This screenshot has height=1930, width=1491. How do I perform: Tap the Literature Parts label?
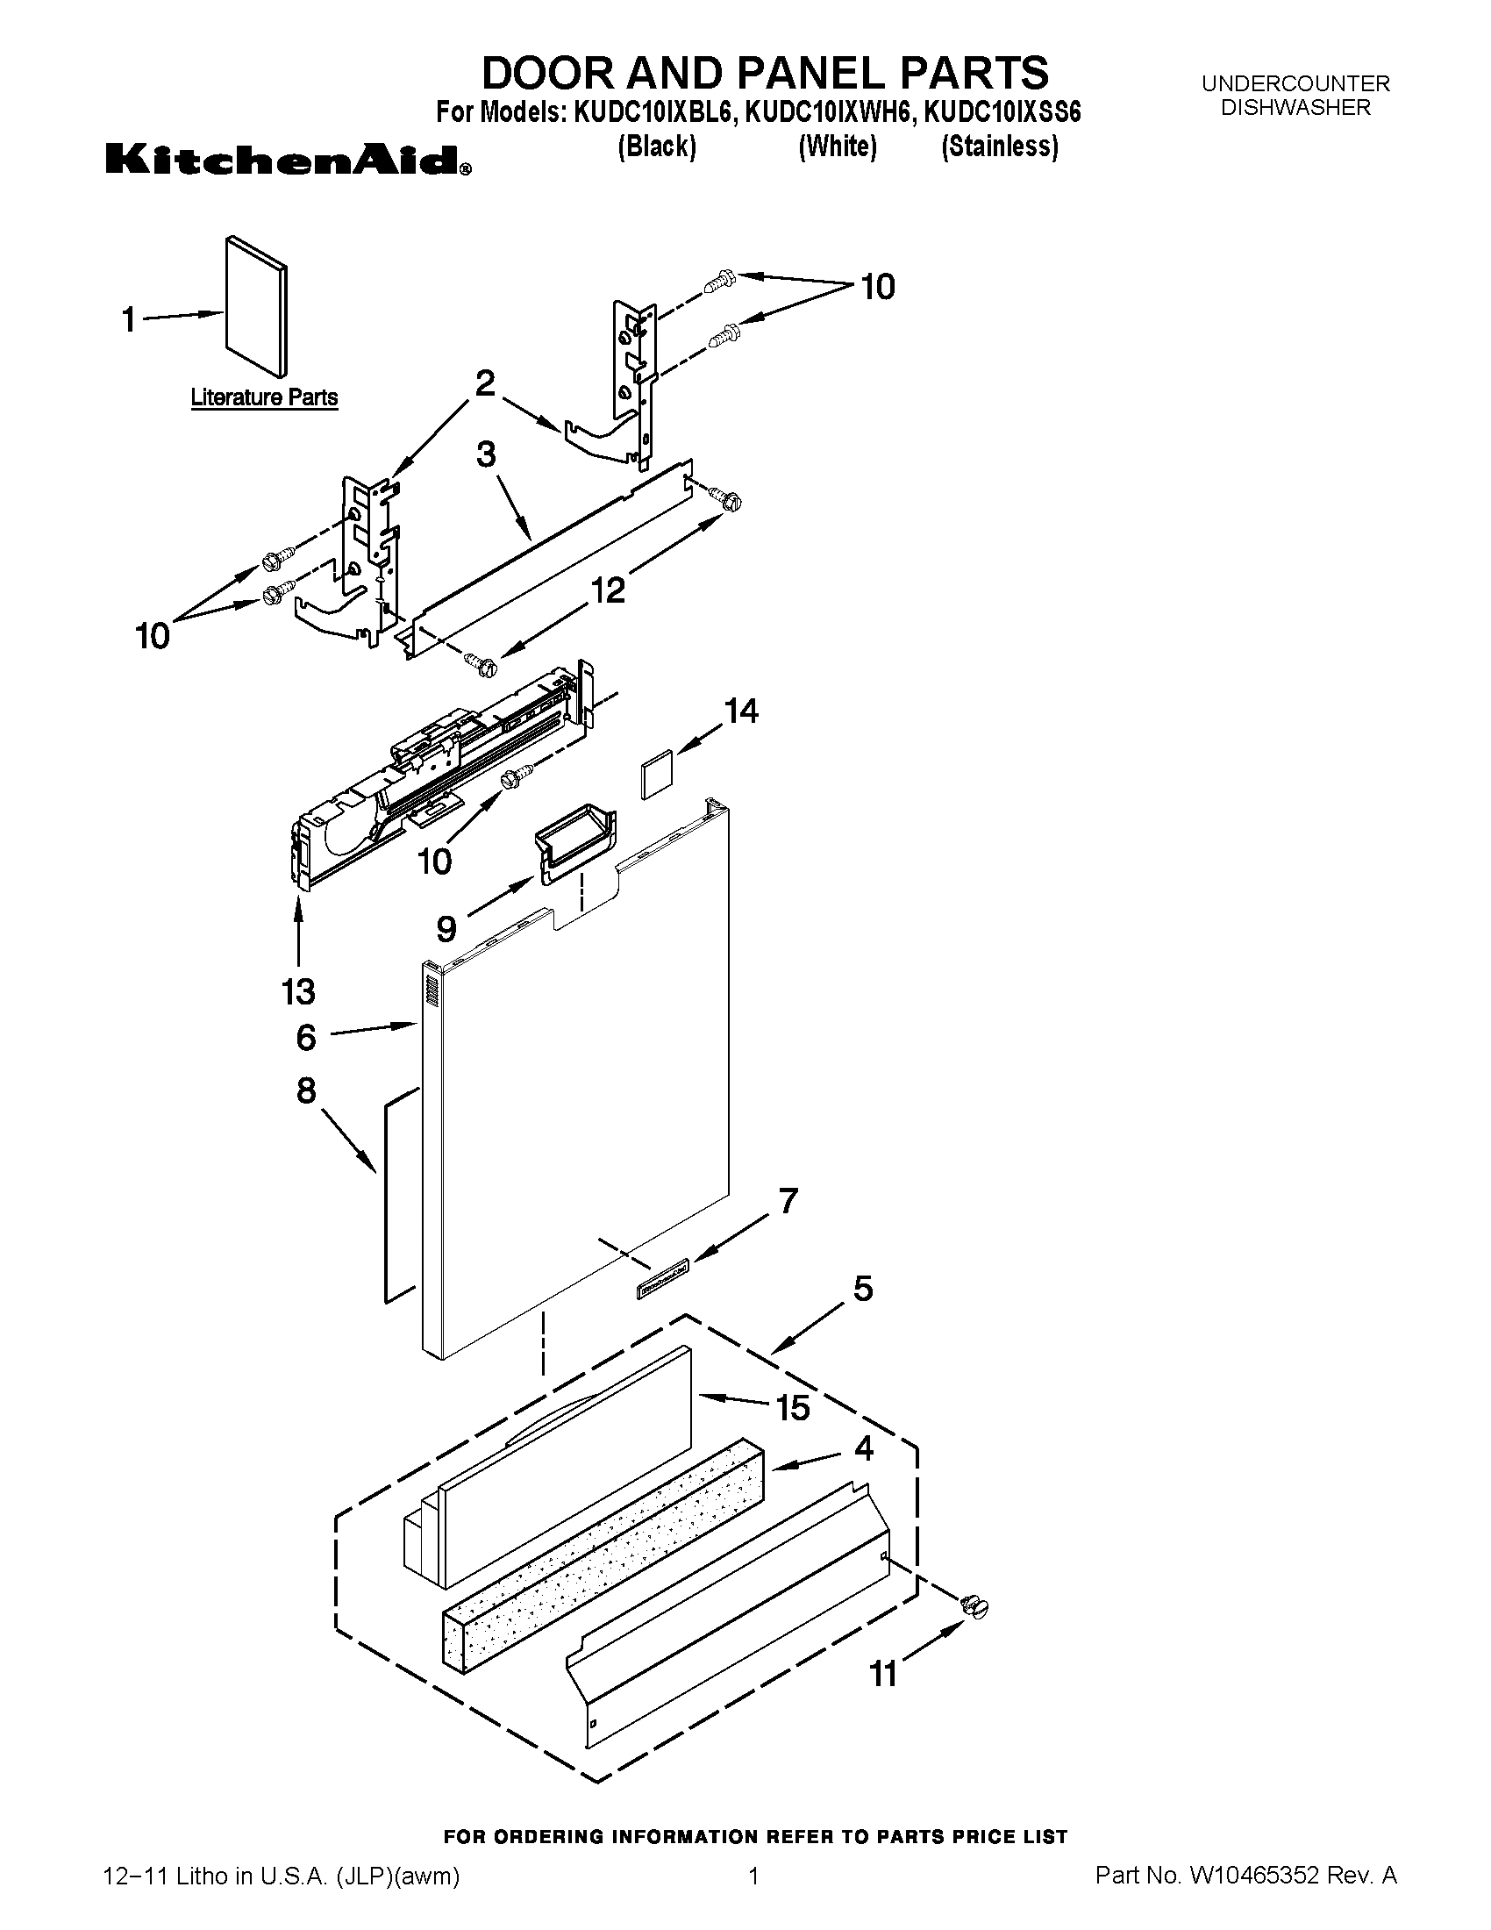(x=264, y=397)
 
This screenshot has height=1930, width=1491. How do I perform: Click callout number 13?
(x=298, y=991)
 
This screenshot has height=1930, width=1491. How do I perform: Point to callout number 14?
(x=741, y=711)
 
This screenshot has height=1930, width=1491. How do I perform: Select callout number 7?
(x=787, y=1200)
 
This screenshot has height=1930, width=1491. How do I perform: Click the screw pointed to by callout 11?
(x=974, y=1606)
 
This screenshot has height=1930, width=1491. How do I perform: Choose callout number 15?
(x=792, y=1408)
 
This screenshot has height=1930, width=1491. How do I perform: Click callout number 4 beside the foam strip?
(x=863, y=1447)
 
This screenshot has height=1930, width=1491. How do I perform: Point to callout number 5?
(x=862, y=1289)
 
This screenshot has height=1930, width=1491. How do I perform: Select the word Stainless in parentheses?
(x=999, y=146)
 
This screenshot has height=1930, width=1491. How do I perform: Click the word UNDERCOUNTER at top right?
(x=1295, y=84)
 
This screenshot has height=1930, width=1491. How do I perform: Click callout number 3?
(x=486, y=454)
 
